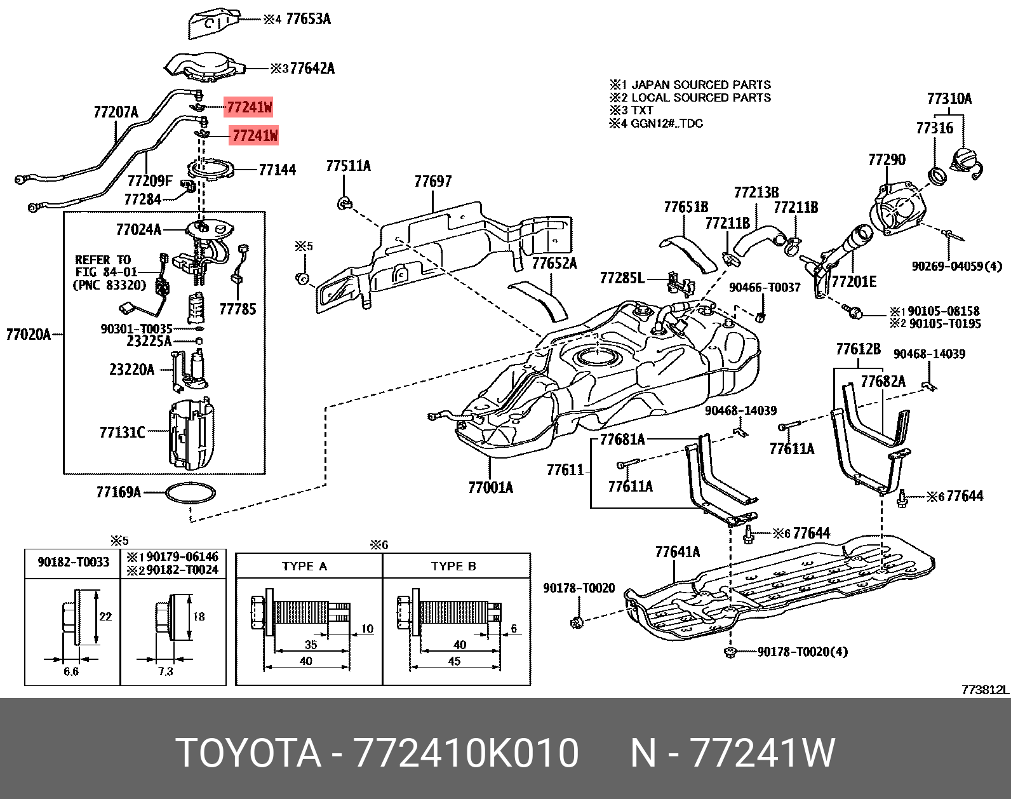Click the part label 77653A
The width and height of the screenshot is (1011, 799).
pos(308,19)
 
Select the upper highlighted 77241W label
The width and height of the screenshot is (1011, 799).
pos(249,107)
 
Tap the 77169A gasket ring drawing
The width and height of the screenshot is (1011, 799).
pos(191,492)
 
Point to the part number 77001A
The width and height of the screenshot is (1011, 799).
pos(490,487)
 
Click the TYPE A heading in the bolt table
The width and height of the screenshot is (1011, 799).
pos(305,566)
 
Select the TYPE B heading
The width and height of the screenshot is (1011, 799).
pos(453,566)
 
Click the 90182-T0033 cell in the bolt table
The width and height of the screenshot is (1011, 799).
pos(73,562)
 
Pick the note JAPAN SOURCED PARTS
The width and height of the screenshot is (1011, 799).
pos(700,84)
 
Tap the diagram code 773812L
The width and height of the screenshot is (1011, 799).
pos(985,690)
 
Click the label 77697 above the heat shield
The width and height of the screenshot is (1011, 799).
pos(432,182)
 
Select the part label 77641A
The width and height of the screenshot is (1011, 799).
pos(677,552)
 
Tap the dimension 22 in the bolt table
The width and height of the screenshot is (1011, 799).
pos(105,616)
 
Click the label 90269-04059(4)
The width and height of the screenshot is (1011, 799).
pos(956,266)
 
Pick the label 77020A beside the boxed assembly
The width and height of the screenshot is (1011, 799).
pos(28,334)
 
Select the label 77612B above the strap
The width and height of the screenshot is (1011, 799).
pos(858,349)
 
